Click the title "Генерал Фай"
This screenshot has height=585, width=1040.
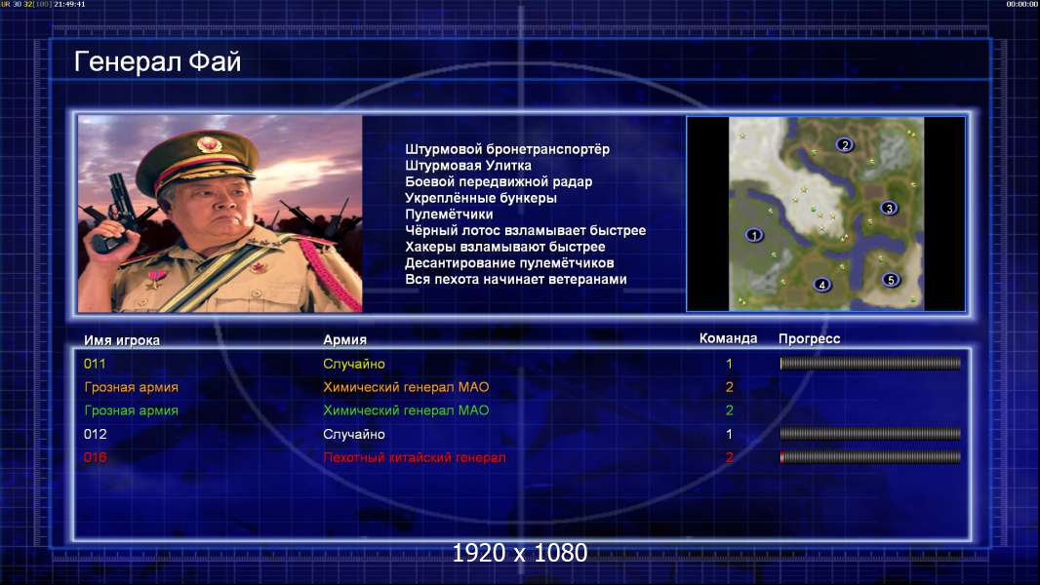tap(157, 61)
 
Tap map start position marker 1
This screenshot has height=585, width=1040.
tap(753, 235)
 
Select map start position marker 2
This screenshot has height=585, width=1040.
tap(844, 144)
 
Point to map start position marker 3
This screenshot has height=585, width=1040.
tap(889, 208)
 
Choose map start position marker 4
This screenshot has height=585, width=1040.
tap(821, 285)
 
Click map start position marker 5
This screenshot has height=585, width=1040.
tap(891, 280)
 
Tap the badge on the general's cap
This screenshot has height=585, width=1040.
tap(208, 144)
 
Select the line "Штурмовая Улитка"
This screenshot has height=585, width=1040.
tap(468, 166)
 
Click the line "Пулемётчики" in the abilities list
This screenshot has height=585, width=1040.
tap(449, 214)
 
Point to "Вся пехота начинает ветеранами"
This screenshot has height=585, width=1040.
tap(516, 279)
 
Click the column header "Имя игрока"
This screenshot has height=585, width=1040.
tap(121, 340)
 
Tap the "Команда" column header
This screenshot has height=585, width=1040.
tap(728, 338)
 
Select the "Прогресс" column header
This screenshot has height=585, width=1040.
tap(809, 338)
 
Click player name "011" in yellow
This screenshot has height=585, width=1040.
tap(95, 364)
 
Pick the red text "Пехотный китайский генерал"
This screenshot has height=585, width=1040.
tap(415, 457)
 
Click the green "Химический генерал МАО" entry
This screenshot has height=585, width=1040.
tap(406, 410)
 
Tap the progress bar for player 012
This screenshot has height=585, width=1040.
tap(870, 434)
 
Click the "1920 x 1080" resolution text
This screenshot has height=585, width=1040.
tap(520, 553)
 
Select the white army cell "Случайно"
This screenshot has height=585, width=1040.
tap(353, 434)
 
